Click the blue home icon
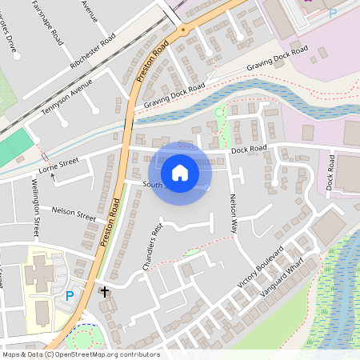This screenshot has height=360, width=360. click(x=180, y=173)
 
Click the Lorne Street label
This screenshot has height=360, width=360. click(x=58, y=166)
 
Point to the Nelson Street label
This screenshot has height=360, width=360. click(x=74, y=213)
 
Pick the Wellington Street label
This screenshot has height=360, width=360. click(x=35, y=208)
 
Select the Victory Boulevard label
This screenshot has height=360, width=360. click(x=261, y=266)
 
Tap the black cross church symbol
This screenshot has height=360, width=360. click(x=104, y=292)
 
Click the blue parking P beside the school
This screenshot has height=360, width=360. click(x=70, y=296)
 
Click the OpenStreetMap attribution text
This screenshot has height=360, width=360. click(x=81, y=354)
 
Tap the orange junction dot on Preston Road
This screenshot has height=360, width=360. click(x=183, y=30)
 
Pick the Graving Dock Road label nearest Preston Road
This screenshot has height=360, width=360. click(x=174, y=95)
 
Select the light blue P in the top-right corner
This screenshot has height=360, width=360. click(x=333, y=13)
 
